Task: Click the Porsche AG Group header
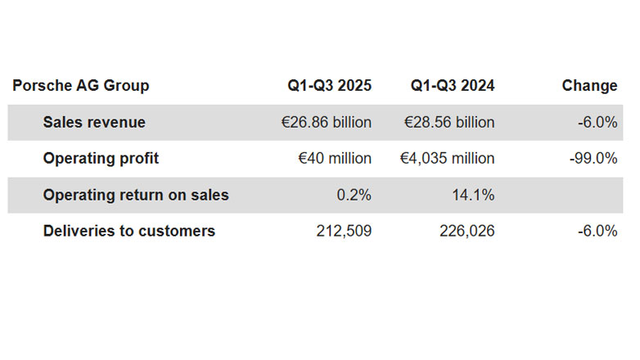[x=81, y=86]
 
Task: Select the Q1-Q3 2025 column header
[x=329, y=86]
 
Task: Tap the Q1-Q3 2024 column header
[x=452, y=86]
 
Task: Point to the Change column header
[x=589, y=86]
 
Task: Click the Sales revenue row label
[x=94, y=123]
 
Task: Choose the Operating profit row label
[x=101, y=159]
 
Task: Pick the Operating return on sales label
[x=136, y=195]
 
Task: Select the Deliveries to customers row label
[x=128, y=231]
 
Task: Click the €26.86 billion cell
[x=326, y=123]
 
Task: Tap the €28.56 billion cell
[x=449, y=123]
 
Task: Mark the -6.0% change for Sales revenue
[x=597, y=123]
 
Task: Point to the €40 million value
[x=335, y=159]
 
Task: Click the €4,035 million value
[x=447, y=159]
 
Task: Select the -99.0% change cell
[x=593, y=159]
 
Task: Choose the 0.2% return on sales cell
[x=354, y=195]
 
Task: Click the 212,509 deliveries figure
[x=344, y=231]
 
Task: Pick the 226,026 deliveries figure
[x=466, y=231]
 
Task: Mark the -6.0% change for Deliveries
[x=597, y=231]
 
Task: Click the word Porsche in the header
[x=39, y=86]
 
